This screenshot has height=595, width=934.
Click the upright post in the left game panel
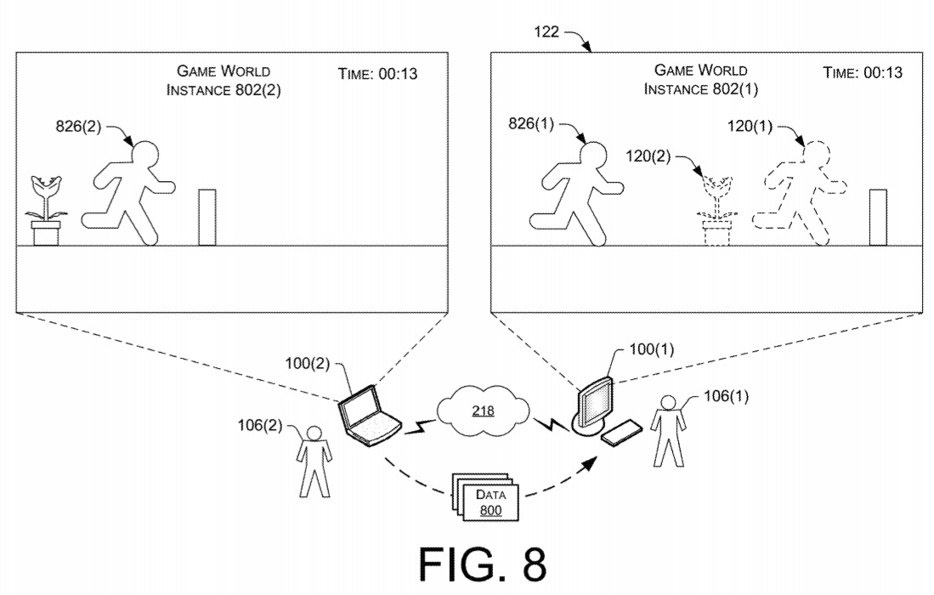(x=207, y=218)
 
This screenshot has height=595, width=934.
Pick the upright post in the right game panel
(x=878, y=218)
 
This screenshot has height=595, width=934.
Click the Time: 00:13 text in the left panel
(x=377, y=75)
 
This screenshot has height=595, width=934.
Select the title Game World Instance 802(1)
(x=700, y=79)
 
